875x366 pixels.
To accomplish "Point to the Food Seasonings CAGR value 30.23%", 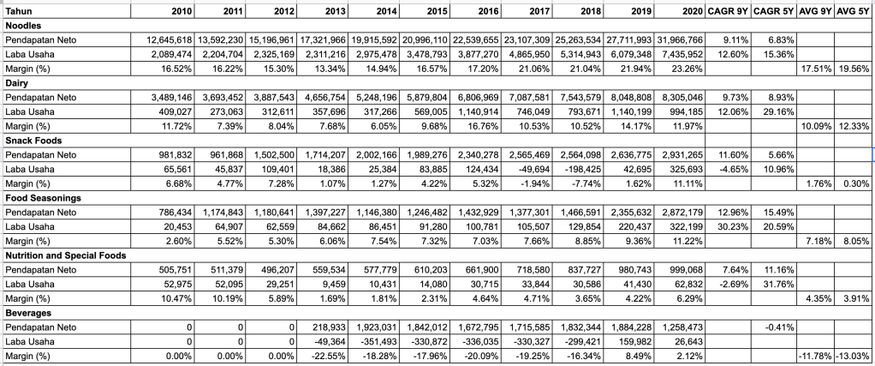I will pos(729,225).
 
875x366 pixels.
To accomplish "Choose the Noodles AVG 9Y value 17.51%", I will pos(812,69).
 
